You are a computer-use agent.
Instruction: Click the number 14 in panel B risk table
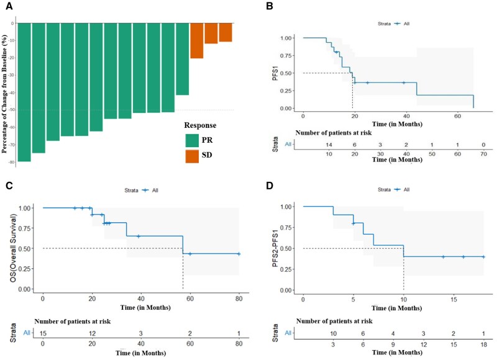coord(329,144)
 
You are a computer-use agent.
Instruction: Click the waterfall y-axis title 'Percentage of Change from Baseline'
coord(5,93)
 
